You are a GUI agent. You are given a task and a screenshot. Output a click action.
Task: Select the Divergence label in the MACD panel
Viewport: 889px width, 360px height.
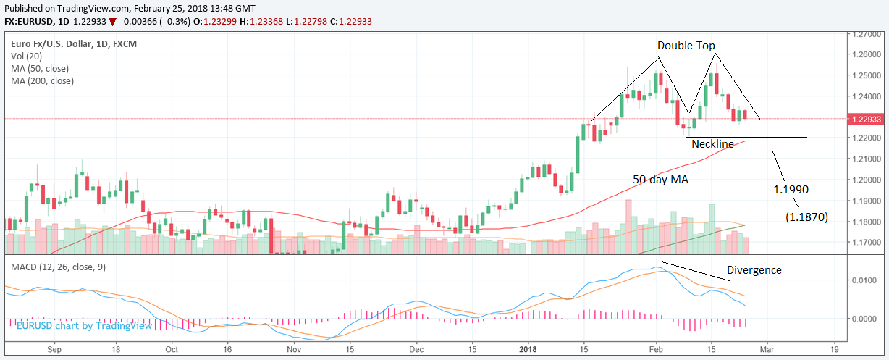point(754,270)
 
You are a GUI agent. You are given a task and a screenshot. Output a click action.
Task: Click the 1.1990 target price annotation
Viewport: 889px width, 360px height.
point(791,189)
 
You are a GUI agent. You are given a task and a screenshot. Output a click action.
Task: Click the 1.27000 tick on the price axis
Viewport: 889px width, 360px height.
point(868,34)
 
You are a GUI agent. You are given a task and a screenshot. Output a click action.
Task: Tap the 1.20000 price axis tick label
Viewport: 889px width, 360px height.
point(868,180)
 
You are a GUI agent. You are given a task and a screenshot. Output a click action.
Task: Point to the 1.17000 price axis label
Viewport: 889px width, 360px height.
point(868,243)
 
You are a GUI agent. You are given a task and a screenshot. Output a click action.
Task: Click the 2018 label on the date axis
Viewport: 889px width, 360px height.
point(528,347)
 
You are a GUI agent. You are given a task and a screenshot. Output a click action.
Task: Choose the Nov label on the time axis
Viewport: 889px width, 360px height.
point(293,347)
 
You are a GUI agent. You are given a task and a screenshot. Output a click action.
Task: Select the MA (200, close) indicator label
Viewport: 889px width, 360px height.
point(42,81)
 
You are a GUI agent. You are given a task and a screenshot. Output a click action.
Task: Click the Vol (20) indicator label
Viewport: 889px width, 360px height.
point(26,56)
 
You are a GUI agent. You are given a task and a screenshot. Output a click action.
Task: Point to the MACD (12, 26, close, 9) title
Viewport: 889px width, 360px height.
point(58,267)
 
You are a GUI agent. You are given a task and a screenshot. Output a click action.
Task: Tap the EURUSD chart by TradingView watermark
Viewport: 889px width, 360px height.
point(85,326)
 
